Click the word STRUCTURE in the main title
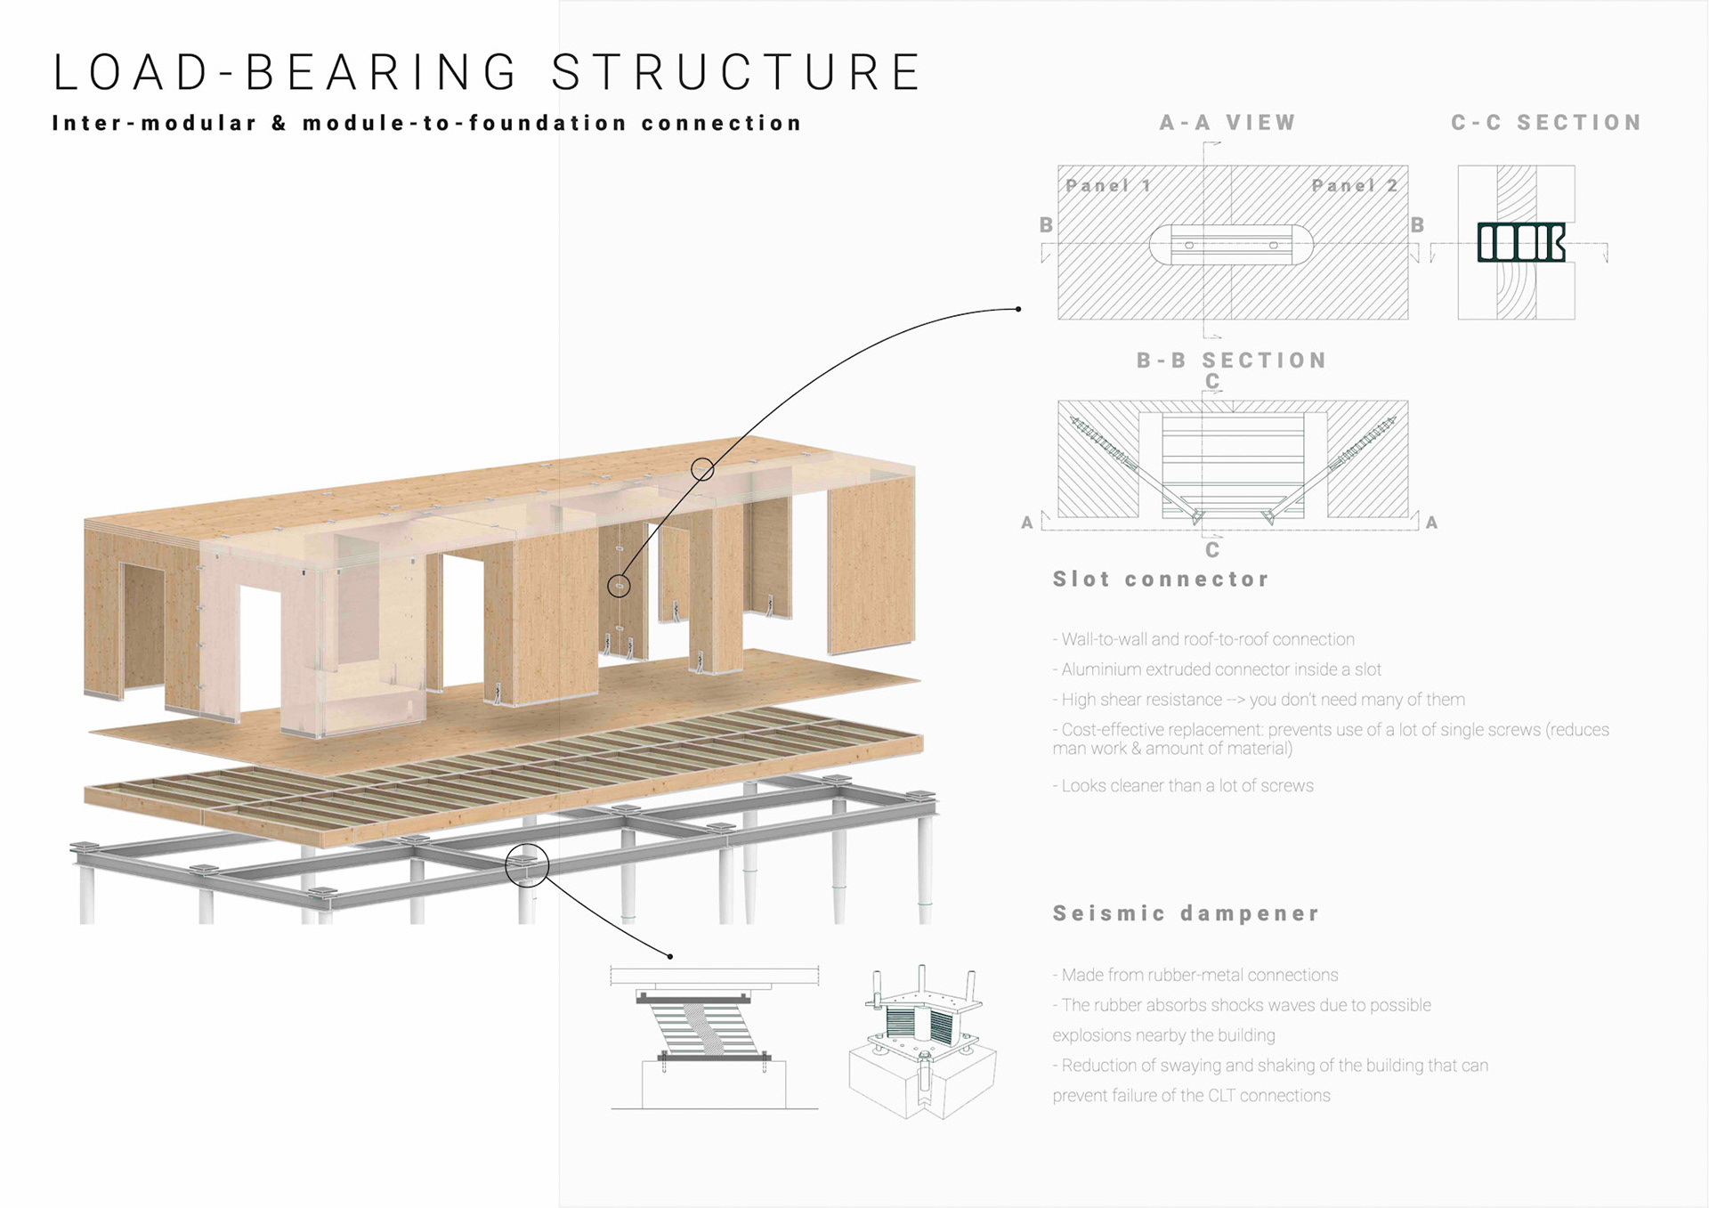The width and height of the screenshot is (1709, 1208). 736,72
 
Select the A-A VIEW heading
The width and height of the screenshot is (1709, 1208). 1227,123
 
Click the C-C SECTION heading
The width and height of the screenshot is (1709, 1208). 1546,123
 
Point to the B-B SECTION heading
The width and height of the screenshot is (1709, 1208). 1232,361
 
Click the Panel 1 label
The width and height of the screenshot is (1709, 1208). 1109,185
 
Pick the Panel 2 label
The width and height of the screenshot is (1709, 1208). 1355,185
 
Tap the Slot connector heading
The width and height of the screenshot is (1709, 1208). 1161,580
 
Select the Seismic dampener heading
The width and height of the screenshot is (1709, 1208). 1186,913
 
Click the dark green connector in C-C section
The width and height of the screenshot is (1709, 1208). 1520,242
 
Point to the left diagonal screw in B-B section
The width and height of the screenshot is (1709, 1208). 1104,443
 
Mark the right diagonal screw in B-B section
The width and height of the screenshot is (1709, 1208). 1362,443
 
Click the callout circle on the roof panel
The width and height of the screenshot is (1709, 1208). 702,469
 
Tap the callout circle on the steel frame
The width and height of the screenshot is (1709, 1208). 527,865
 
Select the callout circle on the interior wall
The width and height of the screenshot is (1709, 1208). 619,586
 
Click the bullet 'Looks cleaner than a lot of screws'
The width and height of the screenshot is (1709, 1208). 1183,786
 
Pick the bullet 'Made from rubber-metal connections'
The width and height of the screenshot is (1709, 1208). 1195,975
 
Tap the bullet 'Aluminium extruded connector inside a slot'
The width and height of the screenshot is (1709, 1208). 1217,669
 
